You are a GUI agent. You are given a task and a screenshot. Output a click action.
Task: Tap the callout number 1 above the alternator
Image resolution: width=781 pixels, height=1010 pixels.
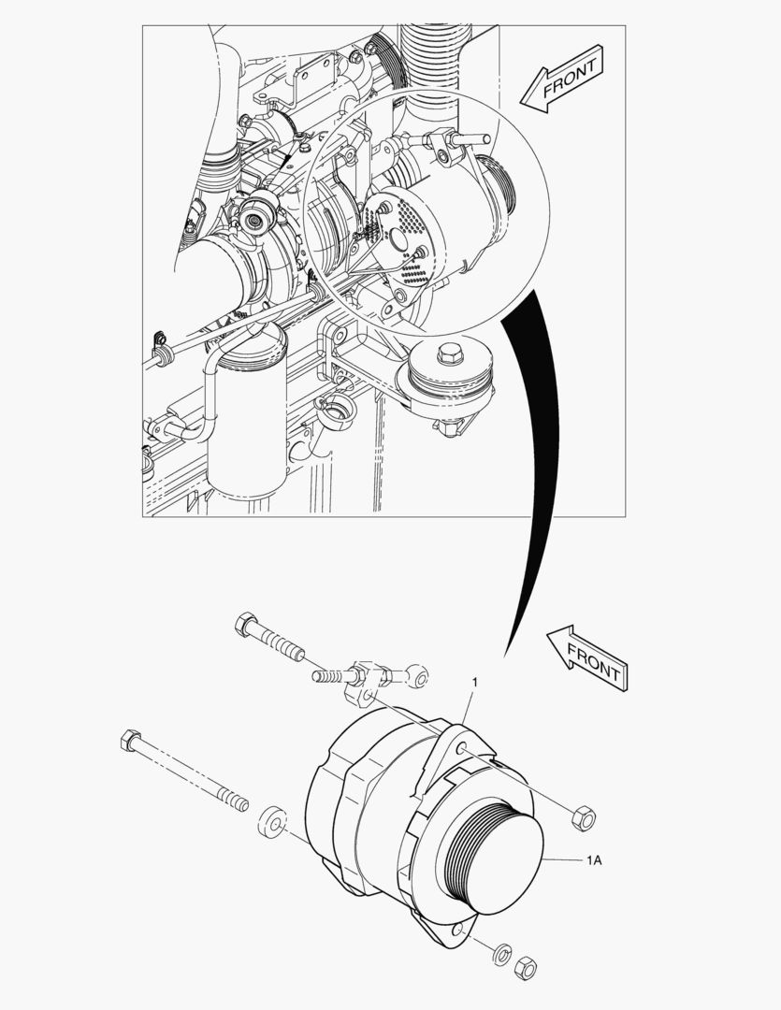click(x=474, y=684)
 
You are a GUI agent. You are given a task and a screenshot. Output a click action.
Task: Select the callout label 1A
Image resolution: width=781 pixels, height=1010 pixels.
click(x=594, y=859)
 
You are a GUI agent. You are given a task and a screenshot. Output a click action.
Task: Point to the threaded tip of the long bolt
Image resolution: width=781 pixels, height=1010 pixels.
click(x=237, y=802)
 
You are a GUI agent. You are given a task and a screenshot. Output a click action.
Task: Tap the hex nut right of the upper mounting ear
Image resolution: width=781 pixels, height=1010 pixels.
click(x=582, y=817)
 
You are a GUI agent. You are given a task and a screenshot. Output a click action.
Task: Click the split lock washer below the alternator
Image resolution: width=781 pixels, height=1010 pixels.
click(x=502, y=953)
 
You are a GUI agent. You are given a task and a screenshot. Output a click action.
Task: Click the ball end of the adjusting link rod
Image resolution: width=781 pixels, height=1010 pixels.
click(x=419, y=674)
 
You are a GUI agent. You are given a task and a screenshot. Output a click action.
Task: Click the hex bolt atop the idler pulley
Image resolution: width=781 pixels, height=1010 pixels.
click(x=446, y=353)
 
